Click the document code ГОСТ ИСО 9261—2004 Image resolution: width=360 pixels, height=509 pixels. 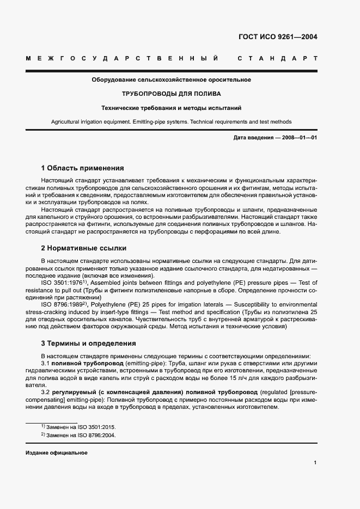[277, 38]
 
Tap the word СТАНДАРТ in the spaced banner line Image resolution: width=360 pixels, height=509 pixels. [278, 58]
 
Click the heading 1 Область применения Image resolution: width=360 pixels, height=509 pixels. [83, 168]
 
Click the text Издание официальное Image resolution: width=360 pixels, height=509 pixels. [57, 453]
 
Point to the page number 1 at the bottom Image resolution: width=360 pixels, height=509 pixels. [315, 463]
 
